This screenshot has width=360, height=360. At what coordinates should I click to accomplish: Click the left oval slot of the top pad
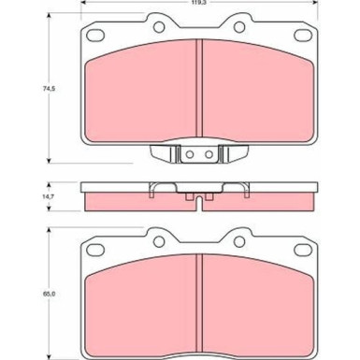coord(95,35)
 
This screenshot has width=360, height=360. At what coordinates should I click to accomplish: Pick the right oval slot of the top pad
coord(303,35)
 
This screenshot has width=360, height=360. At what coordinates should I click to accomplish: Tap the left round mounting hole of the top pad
coord(159,27)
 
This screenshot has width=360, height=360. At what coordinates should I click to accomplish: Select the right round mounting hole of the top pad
coord(239,27)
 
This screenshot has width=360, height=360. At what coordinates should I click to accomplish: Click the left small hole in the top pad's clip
coord(190,154)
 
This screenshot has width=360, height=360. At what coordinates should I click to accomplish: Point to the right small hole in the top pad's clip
coord(209,154)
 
